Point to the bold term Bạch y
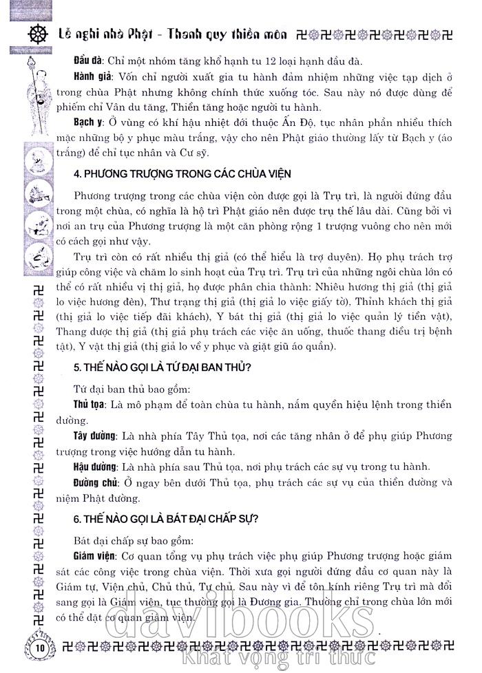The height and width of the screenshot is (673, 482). (x=88, y=122)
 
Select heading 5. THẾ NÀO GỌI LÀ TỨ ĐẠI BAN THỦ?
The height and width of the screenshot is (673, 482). (x=162, y=367)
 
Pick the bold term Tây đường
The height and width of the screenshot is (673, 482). (x=94, y=436)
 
